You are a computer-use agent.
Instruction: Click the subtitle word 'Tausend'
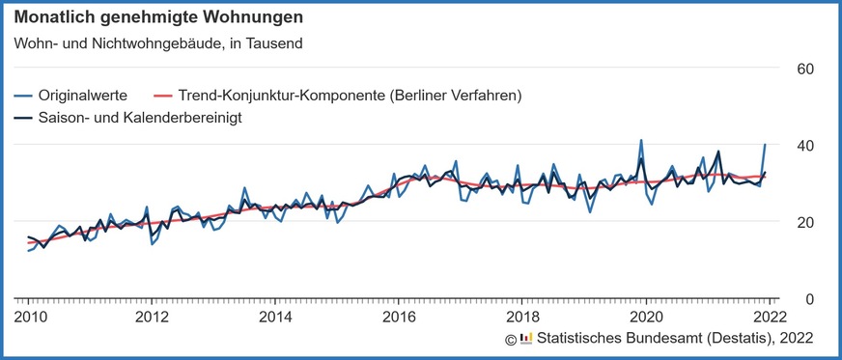(276, 42)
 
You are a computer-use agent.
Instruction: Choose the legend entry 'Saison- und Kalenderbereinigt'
(139, 117)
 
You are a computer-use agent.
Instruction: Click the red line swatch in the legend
(161, 96)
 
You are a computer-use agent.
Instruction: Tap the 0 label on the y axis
(810, 299)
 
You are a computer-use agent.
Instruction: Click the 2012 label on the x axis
(152, 316)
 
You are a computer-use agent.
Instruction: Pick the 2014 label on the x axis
(275, 316)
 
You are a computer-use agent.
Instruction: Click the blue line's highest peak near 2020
(641, 140)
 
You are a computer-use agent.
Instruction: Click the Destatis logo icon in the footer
(526, 338)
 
